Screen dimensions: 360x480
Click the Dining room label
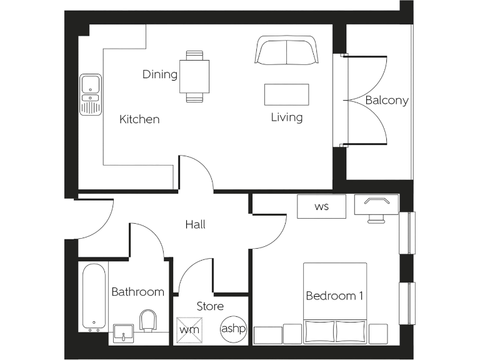click(160, 74)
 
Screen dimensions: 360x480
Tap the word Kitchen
click(139, 119)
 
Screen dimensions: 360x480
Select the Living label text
click(287, 117)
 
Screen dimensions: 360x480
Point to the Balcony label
click(387, 100)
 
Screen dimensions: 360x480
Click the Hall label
click(195, 224)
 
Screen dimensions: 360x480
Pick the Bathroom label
click(137, 291)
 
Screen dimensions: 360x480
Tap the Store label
click(210, 306)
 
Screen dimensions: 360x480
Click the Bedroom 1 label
click(334, 296)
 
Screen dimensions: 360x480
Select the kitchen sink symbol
click(91, 94)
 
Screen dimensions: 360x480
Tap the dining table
click(194, 76)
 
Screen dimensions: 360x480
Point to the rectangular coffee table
click(287, 94)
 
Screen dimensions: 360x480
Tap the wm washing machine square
click(187, 328)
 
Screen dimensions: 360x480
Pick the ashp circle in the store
click(233, 328)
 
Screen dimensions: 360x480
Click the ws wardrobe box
click(321, 206)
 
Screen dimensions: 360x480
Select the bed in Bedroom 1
click(335, 302)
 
